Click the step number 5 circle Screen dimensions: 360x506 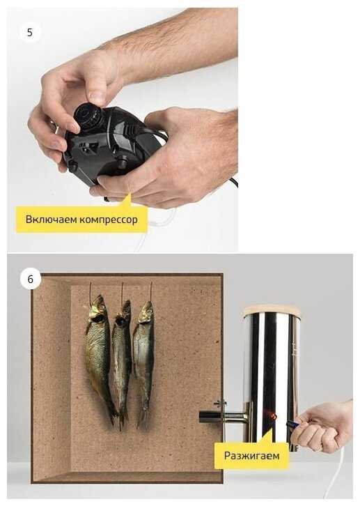coord(30,32)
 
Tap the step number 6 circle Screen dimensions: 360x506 coord(31,279)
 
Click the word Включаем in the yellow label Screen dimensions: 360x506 coord(52,220)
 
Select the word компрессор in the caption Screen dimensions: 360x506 coord(109,220)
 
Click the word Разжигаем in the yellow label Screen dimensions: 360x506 coord(251,456)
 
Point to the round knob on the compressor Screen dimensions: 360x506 coord(87,114)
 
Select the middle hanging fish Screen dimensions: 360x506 coord(122,362)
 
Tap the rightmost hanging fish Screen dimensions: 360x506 coord(143,362)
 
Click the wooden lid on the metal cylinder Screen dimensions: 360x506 coord(272,310)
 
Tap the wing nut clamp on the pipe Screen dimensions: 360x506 coord(220,404)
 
